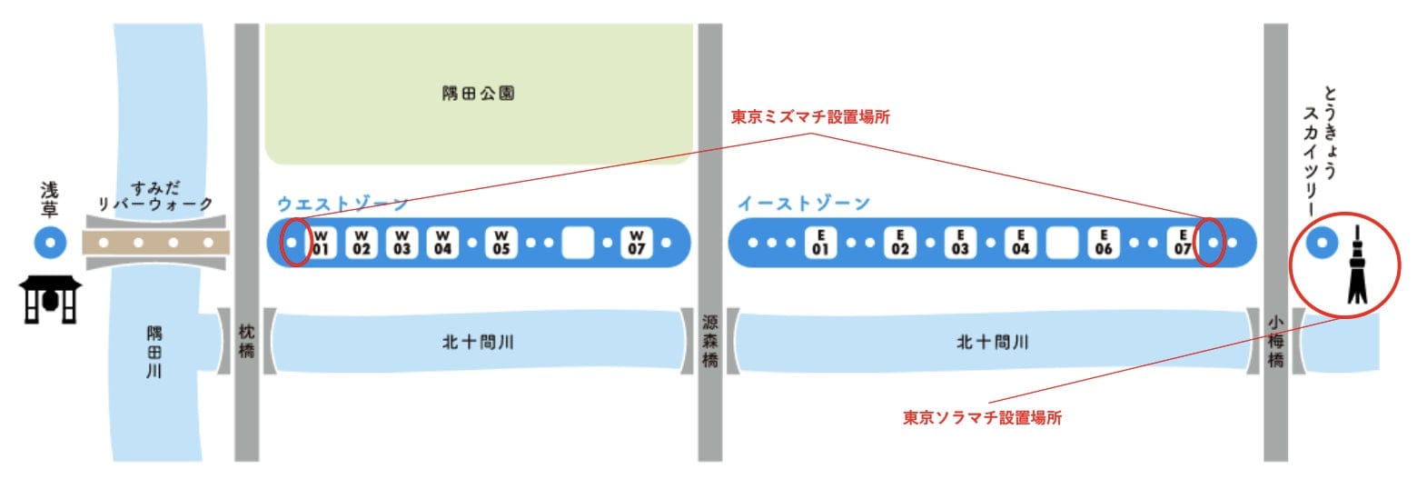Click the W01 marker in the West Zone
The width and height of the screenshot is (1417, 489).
coord(321,243)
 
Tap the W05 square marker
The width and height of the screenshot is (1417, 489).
coord(501,243)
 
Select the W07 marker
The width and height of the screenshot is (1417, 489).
coord(637,243)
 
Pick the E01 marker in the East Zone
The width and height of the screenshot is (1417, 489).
coord(820,243)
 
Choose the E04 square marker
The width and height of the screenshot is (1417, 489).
coord(1020,243)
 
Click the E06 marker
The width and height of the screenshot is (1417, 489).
coord(1104,243)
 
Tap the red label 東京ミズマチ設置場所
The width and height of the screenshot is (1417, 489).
coord(810,117)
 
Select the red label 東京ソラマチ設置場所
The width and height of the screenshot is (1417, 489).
coord(982,417)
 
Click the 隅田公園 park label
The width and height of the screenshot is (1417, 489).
coord(478,94)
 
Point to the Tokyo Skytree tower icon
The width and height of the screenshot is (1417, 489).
coord(1357,264)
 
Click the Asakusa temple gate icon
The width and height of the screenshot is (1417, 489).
coord(50,300)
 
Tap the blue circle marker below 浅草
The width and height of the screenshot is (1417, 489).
coord(51,243)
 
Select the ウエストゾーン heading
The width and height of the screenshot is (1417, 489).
coord(342,204)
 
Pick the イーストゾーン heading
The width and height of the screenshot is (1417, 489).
coord(803,204)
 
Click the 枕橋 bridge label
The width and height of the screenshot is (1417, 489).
coord(247,341)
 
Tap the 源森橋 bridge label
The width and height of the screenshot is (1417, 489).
coord(709,341)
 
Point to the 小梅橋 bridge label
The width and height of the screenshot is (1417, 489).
coord(1275,341)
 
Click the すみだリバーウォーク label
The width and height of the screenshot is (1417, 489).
coord(155,196)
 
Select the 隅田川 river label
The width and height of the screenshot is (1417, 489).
coord(154,352)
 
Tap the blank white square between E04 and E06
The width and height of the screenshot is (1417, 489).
coord(1062,243)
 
